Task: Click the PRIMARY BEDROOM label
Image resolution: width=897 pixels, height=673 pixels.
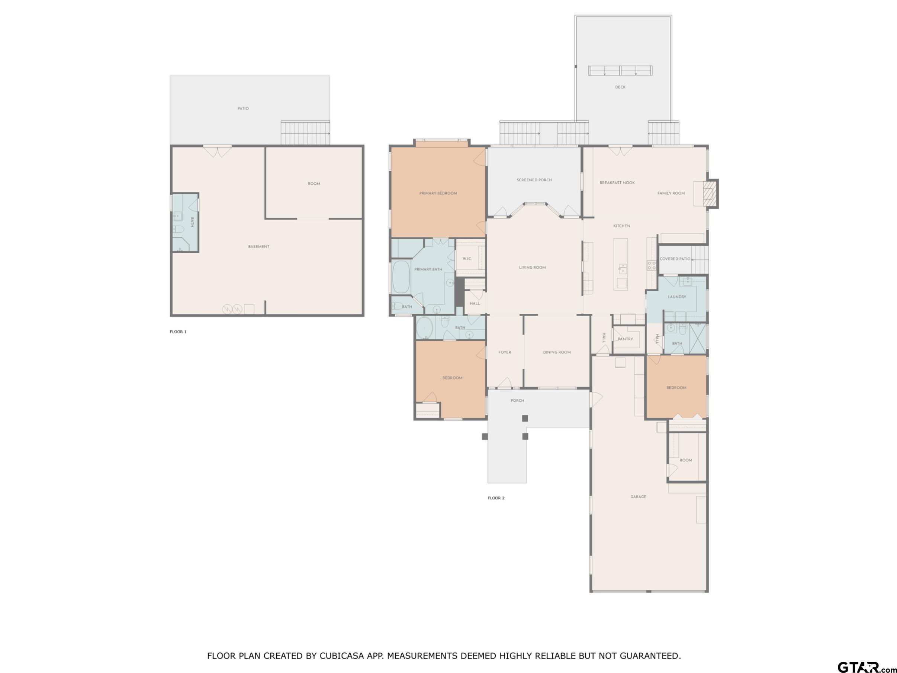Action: pos(438,193)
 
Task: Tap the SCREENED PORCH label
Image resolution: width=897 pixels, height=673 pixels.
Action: pos(534,180)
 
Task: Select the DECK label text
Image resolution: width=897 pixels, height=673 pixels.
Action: pos(620,87)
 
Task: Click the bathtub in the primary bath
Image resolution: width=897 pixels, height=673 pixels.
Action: pos(402,277)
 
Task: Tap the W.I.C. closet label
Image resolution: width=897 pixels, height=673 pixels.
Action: pos(467,259)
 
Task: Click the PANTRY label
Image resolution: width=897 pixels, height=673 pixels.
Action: pos(625,339)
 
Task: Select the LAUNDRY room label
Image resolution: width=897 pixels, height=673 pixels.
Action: pos(677,297)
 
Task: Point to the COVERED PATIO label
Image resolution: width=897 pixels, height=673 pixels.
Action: pos(675,259)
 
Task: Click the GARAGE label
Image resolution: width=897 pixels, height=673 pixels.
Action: pos(638,497)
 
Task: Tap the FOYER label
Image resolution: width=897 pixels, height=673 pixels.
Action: pos(504,353)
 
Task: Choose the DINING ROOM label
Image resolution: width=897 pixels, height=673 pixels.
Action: pos(557,353)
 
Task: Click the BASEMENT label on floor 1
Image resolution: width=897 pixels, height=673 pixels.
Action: pos(259,247)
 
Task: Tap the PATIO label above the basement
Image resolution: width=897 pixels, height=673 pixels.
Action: pos(243,109)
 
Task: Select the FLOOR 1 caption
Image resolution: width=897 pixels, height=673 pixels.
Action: pos(178,332)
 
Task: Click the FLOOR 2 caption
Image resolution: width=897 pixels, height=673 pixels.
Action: pos(496,498)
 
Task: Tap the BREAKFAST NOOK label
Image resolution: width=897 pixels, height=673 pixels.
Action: pos(617,183)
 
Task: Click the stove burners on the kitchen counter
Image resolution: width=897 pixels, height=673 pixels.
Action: pos(651,265)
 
